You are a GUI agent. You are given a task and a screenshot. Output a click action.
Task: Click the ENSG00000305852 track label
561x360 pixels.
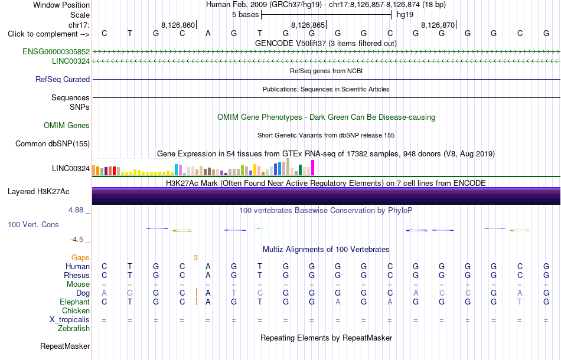click(x=56, y=51)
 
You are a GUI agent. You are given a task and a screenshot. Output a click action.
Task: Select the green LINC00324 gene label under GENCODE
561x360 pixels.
click(x=71, y=61)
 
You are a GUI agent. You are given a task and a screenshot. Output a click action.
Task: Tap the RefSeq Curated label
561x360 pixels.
click(x=63, y=79)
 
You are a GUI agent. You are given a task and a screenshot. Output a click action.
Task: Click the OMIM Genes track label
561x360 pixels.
click(x=67, y=126)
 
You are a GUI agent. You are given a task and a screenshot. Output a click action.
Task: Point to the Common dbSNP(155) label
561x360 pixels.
click(x=53, y=144)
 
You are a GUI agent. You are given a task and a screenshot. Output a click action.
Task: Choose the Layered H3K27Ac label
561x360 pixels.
click(x=38, y=192)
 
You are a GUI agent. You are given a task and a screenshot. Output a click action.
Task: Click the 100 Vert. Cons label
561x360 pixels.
click(x=33, y=224)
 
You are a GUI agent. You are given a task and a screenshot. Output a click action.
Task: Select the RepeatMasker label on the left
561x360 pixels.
click(x=65, y=346)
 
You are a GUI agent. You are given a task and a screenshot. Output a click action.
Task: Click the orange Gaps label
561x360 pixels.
click(x=80, y=257)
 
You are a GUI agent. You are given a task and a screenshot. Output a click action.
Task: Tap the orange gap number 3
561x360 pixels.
click(x=195, y=257)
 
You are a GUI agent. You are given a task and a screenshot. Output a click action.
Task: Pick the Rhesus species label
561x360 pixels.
click(x=77, y=275)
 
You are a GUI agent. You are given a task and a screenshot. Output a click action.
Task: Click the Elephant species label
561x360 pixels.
click(x=75, y=302)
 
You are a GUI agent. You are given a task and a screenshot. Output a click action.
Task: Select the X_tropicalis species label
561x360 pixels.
click(x=70, y=320)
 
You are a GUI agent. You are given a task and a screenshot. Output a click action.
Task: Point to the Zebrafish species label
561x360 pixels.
click(x=74, y=328)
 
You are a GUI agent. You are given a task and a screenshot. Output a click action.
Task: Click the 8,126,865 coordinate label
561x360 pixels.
click(x=308, y=25)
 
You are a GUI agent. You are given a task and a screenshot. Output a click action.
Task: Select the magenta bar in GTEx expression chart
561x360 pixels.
click(x=313, y=168)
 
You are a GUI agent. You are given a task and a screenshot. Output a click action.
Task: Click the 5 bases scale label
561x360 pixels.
click(x=246, y=15)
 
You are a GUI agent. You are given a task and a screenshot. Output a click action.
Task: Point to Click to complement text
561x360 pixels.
click(x=48, y=34)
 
